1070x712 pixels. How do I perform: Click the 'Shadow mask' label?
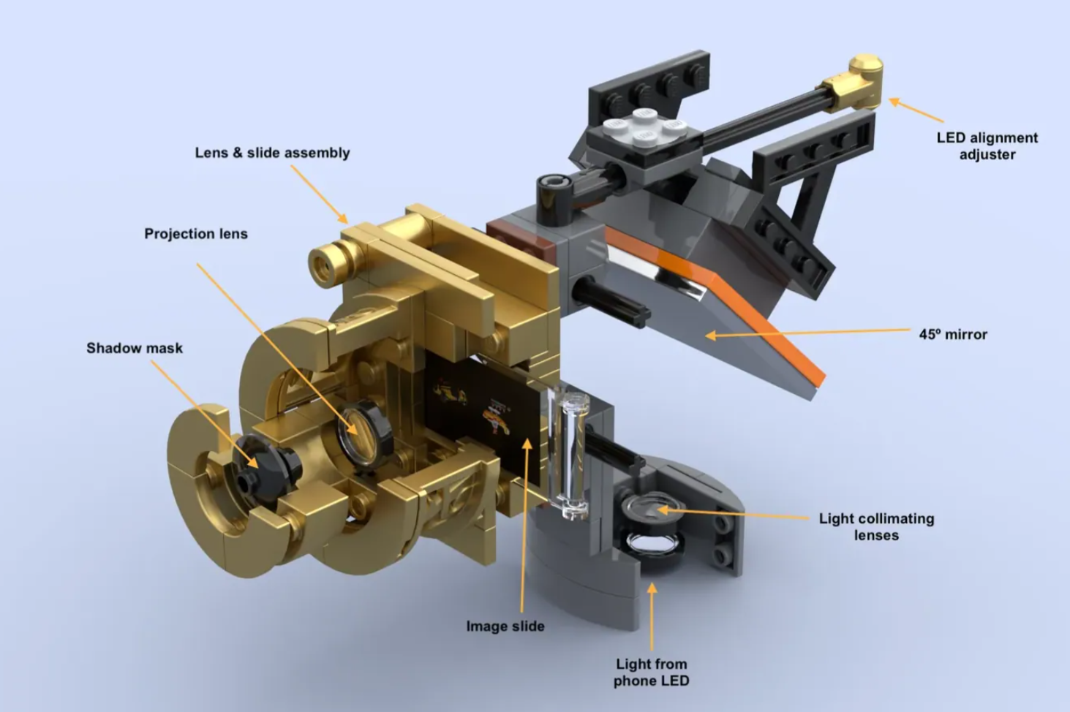[x=135, y=348]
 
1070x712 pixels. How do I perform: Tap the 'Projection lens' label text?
[x=196, y=234]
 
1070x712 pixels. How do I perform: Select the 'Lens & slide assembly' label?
[x=272, y=153]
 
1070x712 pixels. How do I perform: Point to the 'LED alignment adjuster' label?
[x=987, y=146]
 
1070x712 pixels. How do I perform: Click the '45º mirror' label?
[x=953, y=334]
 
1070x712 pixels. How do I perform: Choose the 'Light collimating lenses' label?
[x=876, y=527]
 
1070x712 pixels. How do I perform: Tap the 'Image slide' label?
[x=505, y=626]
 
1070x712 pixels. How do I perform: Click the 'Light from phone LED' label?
[x=652, y=672]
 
